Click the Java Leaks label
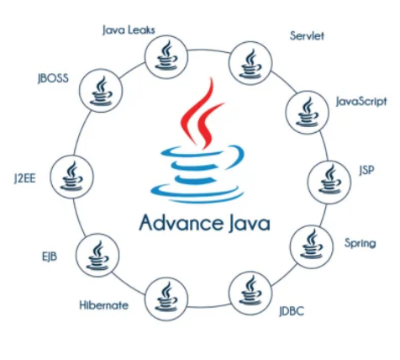click(x=129, y=29)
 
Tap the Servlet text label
click(x=307, y=36)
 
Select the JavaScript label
click(x=361, y=102)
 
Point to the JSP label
click(x=366, y=170)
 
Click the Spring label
click(x=361, y=243)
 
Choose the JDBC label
click(x=292, y=311)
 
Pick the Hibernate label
click(x=104, y=305)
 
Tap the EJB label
click(x=50, y=257)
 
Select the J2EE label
click(x=25, y=178)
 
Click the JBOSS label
click(x=53, y=78)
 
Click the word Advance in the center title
click(x=182, y=223)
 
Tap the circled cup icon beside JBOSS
click(x=101, y=91)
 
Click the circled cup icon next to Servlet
click(x=250, y=63)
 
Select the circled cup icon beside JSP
click(x=329, y=182)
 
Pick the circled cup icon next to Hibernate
click(x=166, y=299)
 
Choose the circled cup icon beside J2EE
click(x=71, y=177)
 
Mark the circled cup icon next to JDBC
click(x=250, y=294)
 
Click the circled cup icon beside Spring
click(x=312, y=247)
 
